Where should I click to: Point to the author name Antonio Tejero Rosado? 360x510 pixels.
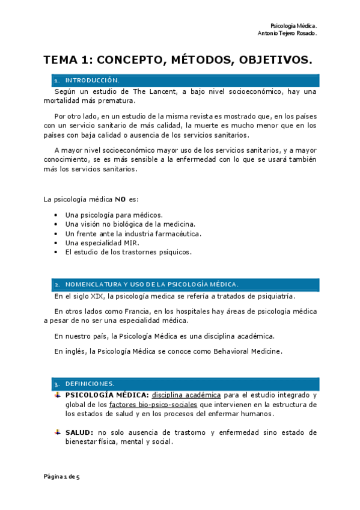click(287, 34)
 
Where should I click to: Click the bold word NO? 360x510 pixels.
click(120, 200)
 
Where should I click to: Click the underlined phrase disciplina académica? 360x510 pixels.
click(186, 395)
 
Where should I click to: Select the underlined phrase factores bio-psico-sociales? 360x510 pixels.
click(153, 405)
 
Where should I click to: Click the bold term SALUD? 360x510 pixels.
click(79, 432)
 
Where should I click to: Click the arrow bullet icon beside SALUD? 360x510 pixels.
click(57, 432)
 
